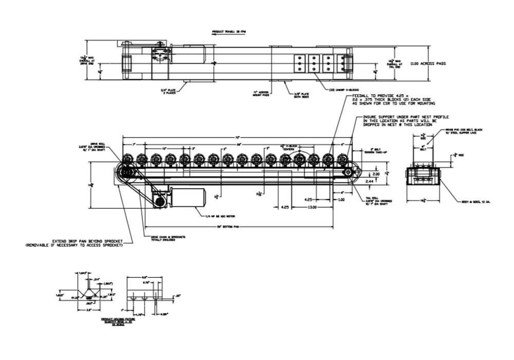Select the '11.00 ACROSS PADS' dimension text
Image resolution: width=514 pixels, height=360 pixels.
click(428, 64)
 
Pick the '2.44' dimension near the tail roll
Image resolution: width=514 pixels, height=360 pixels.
click(369, 182)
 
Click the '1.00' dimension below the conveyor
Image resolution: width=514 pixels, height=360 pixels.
click(342, 200)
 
